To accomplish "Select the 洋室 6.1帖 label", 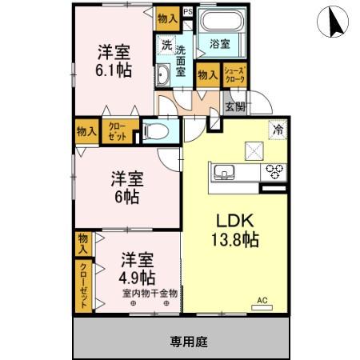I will tap(114, 61).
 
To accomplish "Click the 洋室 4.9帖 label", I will tap(138, 270).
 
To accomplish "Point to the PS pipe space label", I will tap(187, 12).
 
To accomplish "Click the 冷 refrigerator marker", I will tap(278, 126).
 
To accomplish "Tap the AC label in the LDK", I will tap(261, 301).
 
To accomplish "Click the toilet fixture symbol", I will tap(156, 130).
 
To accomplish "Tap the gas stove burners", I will tap(274, 170).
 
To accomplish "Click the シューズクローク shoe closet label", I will tap(234, 75).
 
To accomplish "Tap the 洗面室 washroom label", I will tap(182, 60).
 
